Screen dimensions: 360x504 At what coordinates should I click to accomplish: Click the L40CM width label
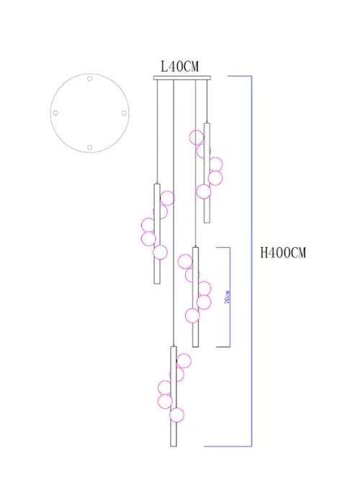pyautogui.click(x=180, y=66)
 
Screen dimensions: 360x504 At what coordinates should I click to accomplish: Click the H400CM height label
pyautogui.click(x=283, y=253)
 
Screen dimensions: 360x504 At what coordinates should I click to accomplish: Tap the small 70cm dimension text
pyautogui.click(x=228, y=297)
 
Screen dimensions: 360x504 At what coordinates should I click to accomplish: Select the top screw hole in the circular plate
pyautogui.click(x=90, y=78)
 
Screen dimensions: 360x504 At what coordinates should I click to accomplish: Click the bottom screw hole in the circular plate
pyautogui.click(x=90, y=147)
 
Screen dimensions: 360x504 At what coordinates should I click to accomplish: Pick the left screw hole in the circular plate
pyautogui.click(x=55, y=113)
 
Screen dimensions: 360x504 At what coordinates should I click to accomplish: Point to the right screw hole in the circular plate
pyautogui.click(x=124, y=113)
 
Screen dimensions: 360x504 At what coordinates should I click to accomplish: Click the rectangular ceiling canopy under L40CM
pyautogui.click(x=182, y=78)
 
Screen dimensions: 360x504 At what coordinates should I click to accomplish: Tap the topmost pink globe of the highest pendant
pyautogui.click(x=197, y=138)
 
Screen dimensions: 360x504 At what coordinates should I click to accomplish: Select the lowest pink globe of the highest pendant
pyautogui.click(x=204, y=192)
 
